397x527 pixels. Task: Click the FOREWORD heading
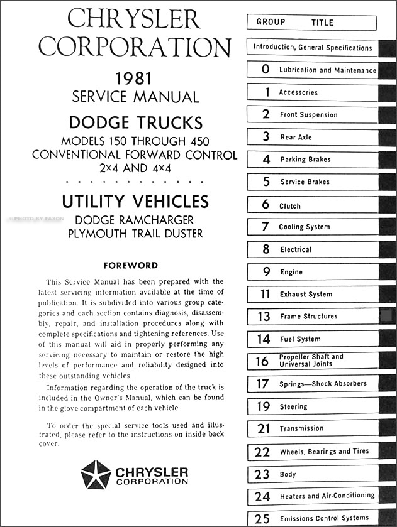coord(130,266)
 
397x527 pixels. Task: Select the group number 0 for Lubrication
coord(266,70)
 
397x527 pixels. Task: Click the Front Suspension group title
coord(309,115)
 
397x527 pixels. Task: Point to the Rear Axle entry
coord(296,137)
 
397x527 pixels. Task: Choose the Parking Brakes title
coord(305,160)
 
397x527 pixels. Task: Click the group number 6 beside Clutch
coord(266,205)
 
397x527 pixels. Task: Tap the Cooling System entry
coord(305,227)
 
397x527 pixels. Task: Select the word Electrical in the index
coord(296,249)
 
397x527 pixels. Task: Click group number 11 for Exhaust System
coord(266,294)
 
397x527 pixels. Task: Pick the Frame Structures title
coord(308,317)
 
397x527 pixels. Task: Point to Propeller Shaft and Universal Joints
coord(311,361)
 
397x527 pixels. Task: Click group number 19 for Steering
coord(264,406)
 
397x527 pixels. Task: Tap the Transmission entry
coord(302,428)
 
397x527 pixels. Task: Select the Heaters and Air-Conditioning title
coord(327,496)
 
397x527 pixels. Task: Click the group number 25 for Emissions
coord(263,518)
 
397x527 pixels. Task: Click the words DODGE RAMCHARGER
coord(135,220)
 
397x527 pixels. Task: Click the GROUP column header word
coord(271,22)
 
